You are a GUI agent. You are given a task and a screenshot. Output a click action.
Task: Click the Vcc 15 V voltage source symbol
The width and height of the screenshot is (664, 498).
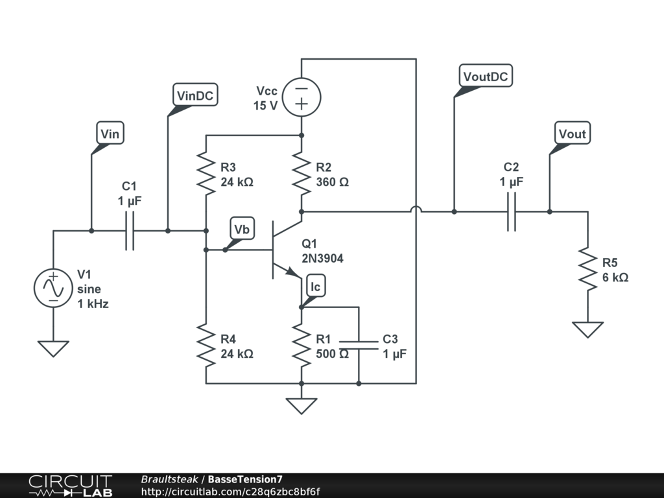pos(302,97)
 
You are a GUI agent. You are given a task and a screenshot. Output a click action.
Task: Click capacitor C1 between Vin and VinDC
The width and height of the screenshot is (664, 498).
pos(129,231)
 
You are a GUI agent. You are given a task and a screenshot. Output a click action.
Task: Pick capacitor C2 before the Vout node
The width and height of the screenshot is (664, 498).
pos(511,211)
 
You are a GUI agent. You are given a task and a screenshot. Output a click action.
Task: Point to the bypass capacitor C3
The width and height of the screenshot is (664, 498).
pos(359,344)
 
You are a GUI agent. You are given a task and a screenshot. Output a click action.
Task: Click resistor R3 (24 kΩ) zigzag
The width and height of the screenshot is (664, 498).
pos(206,174)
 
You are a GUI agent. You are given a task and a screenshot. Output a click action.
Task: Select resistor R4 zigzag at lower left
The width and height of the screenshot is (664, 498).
pos(206,345)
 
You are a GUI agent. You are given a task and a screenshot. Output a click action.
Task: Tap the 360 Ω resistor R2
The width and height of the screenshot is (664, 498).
pos(302,174)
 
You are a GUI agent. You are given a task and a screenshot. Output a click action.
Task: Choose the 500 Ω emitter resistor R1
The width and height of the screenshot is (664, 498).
pos(302,345)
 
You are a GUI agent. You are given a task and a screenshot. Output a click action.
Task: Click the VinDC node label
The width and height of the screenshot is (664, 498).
pos(196,96)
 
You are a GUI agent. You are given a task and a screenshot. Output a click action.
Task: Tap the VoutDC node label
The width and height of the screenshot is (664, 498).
pos(486,76)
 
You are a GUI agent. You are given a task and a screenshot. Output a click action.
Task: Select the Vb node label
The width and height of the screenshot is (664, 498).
pos(243,230)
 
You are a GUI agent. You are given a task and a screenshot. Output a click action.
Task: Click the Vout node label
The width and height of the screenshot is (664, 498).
pos(572,134)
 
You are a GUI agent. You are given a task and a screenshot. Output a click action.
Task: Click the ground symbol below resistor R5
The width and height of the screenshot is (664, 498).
pos(588,329)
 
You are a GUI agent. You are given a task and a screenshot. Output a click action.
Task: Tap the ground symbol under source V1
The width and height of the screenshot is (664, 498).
pos(53,349)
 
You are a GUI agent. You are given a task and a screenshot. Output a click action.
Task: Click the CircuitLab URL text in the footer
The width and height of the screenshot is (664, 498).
pos(230,492)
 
